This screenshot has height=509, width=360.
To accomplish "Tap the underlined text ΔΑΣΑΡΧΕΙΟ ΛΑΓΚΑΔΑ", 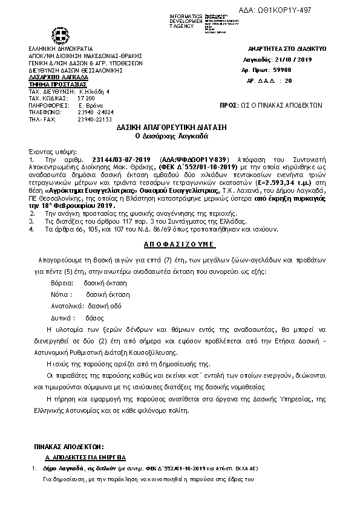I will pos(58,77).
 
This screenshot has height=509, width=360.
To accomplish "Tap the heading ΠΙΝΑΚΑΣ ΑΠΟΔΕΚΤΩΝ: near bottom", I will pos(67,446).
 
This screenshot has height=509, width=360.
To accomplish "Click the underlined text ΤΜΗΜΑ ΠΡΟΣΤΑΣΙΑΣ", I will pos(56,84).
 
